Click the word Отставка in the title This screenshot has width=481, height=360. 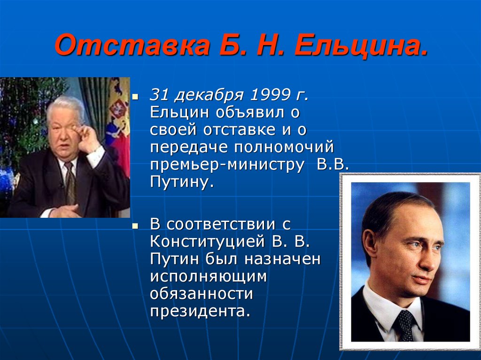click(132, 46)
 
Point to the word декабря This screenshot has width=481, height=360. click(209, 95)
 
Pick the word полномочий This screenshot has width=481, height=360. click(284, 147)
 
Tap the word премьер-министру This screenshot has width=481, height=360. click(227, 165)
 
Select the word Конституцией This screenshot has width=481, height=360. click(207, 242)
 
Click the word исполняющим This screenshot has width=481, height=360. click(209, 277)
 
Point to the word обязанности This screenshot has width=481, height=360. click(202, 293)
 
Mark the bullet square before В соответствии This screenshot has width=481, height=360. click(135, 226)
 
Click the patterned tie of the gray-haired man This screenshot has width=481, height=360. click(70, 184)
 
